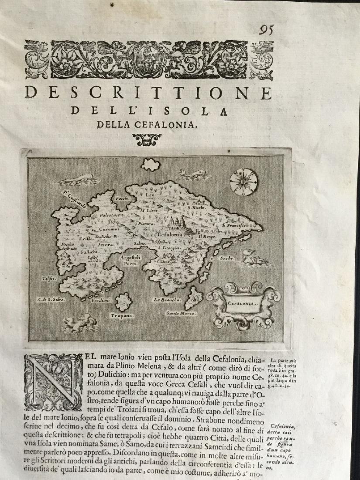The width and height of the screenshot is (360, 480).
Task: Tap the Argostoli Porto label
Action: point(130,260)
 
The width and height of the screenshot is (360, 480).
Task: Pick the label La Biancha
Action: point(164,300)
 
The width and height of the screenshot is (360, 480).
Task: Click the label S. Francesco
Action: point(235,225)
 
